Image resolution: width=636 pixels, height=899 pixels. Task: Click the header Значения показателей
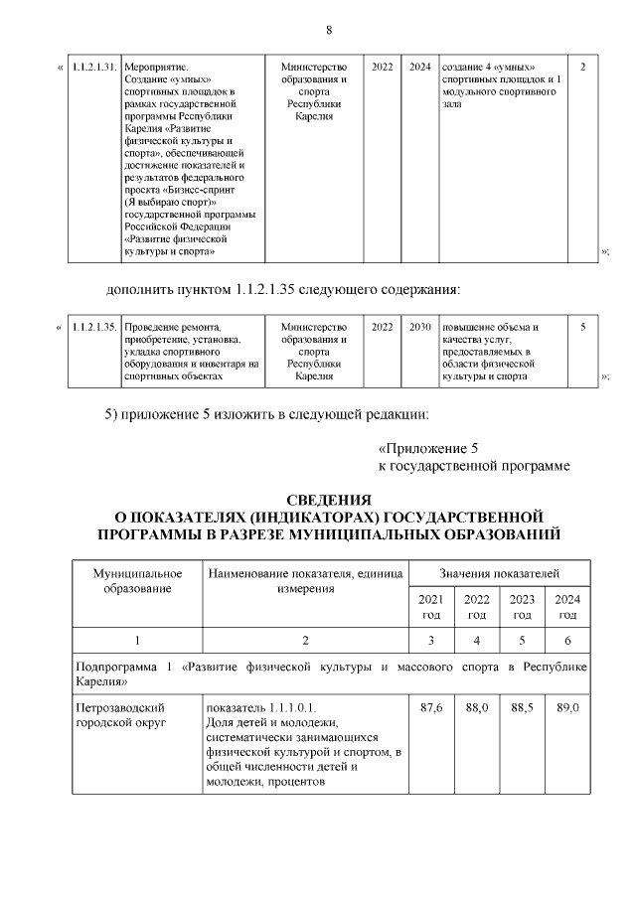point(499,574)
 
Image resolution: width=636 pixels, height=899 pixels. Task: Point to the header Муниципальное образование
point(137,581)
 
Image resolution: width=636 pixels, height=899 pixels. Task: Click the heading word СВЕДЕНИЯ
point(329,499)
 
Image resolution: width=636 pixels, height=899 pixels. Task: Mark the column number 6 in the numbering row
point(567,640)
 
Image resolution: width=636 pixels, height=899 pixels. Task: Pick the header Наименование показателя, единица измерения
point(305,581)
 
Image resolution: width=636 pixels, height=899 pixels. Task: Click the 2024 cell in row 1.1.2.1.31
point(419,67)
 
